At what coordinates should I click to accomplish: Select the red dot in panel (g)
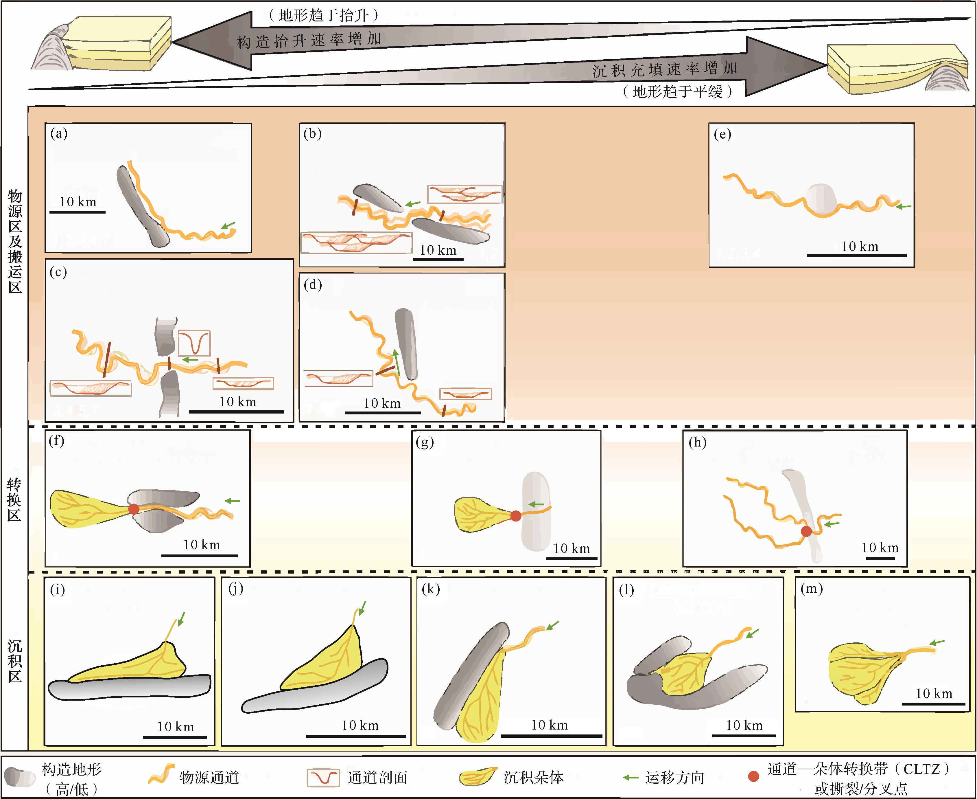(516, 516)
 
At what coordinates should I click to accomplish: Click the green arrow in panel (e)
(904, 207)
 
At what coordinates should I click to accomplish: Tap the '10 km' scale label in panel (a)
(78, 202)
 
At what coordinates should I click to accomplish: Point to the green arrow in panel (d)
(396, 363)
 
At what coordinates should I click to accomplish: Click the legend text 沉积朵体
(534, 777)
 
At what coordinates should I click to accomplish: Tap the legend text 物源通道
(209, 777)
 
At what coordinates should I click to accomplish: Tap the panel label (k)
(431, 589)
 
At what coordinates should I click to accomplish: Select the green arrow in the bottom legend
(630, 777)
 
